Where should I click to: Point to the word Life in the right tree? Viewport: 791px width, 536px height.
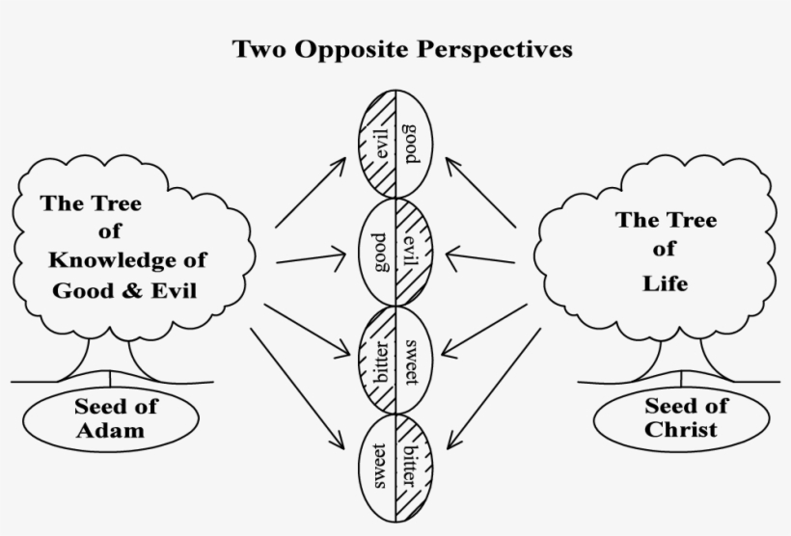tap(666, 283)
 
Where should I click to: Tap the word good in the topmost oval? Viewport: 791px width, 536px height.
tap(411, 145)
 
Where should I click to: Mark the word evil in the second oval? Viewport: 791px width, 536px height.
tap(410, 252)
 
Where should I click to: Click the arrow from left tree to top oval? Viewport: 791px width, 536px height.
tap(311, 193)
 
